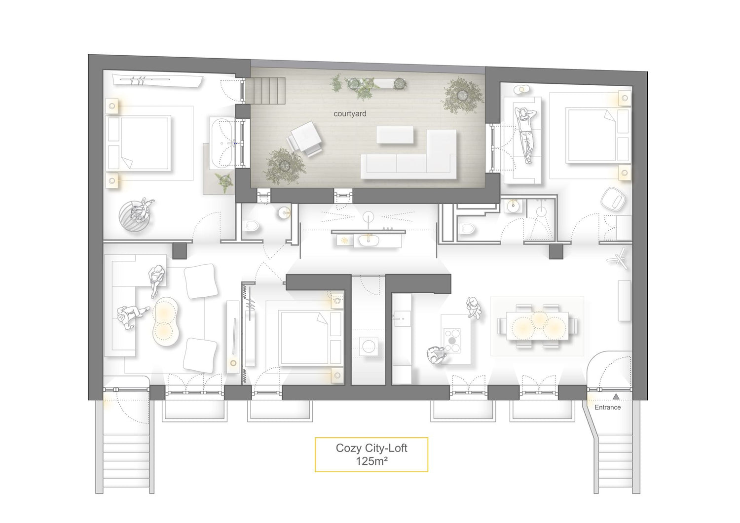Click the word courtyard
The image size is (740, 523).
(x=350, y=113)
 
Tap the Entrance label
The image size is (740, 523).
(x=607, y=408)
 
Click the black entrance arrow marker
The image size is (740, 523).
(x=616, y=397)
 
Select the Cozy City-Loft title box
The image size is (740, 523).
(x=371, y=454)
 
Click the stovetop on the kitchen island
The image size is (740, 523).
(x=452, y=341)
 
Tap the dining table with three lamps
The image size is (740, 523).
(x=538, y=326)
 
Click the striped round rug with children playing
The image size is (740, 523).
(x=136, y=216)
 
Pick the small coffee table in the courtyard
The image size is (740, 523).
(x=395, y=135)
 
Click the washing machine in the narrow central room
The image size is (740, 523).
(x=369, y=346)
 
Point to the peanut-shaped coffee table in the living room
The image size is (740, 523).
(x=166, y=321)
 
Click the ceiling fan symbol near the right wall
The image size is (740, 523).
(x=618, y=258)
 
